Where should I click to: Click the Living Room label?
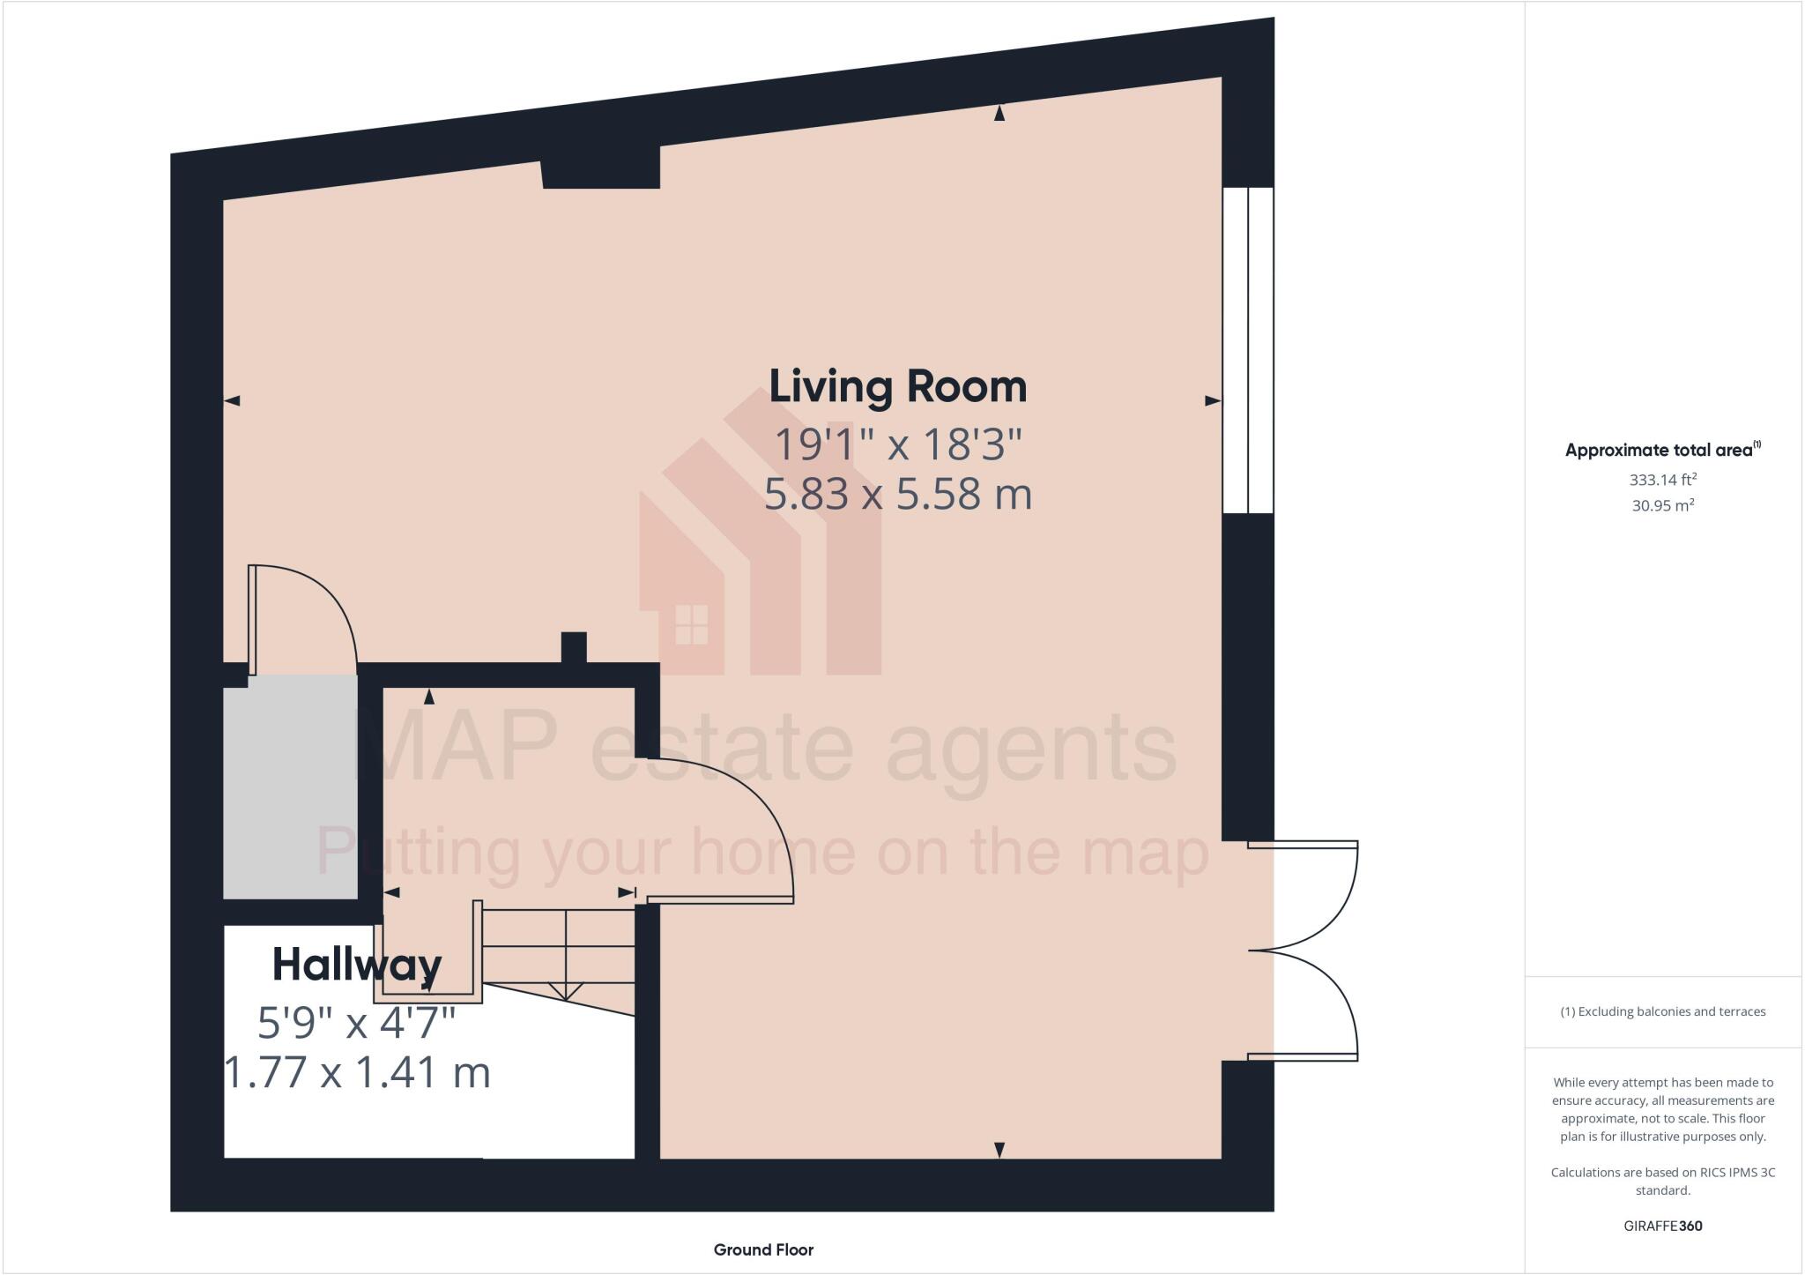897,388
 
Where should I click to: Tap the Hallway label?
356,965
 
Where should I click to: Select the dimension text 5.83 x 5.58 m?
897,495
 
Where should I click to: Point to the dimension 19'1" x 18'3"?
897,444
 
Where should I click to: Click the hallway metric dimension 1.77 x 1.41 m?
357,1073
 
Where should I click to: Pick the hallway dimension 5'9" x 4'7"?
356,1023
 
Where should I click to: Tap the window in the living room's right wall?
1248,350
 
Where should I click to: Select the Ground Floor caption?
763,1249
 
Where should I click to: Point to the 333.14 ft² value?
1662,481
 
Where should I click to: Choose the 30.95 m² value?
1662,506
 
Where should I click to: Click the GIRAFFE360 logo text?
1662,1226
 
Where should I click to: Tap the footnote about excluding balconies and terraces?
1662,1011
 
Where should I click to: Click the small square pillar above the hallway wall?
574,646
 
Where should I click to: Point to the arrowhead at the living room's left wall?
233,401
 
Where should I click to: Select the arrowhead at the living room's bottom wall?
999,1149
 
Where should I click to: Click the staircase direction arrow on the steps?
565,991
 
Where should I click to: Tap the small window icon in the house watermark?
691,623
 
